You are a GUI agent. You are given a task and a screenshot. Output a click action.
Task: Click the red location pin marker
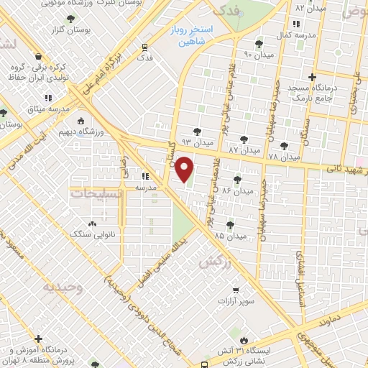pos(185,169)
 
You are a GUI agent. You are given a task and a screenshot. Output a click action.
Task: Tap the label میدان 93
pos(198,143)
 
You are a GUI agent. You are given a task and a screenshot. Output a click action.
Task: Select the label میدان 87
pos(243,150)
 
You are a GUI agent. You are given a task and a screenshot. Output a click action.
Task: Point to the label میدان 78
pos(283,156)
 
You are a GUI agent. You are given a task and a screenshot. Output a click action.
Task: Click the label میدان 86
pos(239,191)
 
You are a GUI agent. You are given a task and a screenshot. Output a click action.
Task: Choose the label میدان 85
pos(230,235)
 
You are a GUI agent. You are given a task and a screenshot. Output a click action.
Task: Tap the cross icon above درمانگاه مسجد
pos(311,78)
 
